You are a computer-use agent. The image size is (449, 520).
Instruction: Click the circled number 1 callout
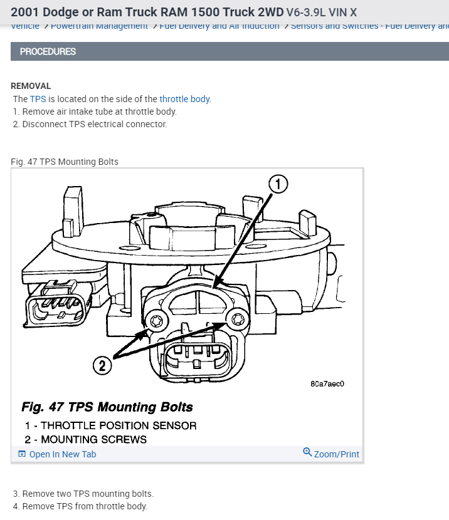pyautogui.click(x=278, y=184)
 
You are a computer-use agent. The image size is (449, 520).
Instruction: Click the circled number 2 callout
pyautogui.click(x=102, y=364)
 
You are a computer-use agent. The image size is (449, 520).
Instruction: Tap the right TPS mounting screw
pyautogui.click(x=236, y=320)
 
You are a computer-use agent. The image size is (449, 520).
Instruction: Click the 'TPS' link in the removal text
pyautogui.click(x=38, y=99)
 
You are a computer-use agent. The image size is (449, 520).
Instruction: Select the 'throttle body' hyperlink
pyautogui.click(x=184, y=99)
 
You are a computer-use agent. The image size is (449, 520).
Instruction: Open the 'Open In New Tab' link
pyautogui.click(x=62, y=454)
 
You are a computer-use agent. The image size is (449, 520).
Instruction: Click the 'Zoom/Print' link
pyautogui.click(x=336, y=454)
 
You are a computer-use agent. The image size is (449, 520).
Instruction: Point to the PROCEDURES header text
pyautogui.click(x=48, y=51)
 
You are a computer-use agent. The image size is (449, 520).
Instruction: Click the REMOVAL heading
pyautogui.click(x=31, y=86)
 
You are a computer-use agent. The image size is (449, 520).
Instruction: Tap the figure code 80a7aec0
pyautogui.click(x=327, y=384)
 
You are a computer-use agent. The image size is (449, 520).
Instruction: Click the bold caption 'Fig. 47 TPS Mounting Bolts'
pyautogui.click(x=107, y=407)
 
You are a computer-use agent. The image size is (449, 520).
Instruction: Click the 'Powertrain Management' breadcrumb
pyautogui.click(x=99, y=26)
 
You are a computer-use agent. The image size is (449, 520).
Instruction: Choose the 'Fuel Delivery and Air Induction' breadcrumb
pyautogui.click(x=219, y=26)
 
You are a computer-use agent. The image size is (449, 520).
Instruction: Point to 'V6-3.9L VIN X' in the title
pyautogui.click(x=322, y=12)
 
